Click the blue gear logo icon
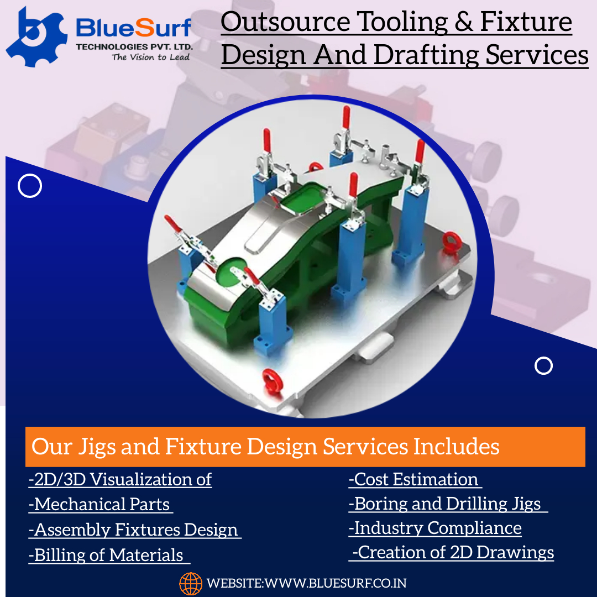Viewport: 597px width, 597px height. pyautogui.click(x=36, y=38)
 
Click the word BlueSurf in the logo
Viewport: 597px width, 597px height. pyautogui.click(x=133, y=28)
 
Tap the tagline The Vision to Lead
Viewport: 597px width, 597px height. pyautogui.click(x=151, y=57)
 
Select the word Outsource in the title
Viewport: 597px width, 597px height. pyautogui.click(x=285, y=22)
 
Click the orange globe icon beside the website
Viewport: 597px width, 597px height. pyautogui.click(x=191, y=583)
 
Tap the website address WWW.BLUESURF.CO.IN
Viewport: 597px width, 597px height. pyautogui.click(x=336, y=583)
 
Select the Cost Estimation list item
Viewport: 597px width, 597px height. pyautogui.click(x=415, y=479)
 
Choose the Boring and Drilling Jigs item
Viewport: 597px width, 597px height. pyautogui.click(x=448, y=504)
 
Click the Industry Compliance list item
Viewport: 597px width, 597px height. pyautogui.click(x=435, y=528)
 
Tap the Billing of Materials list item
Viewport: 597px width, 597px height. pyautogui.click(x=109, y=555)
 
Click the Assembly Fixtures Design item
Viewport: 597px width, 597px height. pyautogui.click(x=135, y=530)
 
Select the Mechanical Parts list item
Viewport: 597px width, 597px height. pyautogui.click(x=101, y=504)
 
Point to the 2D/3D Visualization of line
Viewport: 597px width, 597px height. pyautogui.click(x=120, y=479)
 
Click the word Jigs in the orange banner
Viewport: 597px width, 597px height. pyautogui.click(x=97, y=447)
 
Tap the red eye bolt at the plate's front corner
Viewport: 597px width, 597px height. pyautogui.click(x=272, y=380)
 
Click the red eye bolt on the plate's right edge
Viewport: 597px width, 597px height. pyautogui.click(x=452, y=242)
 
